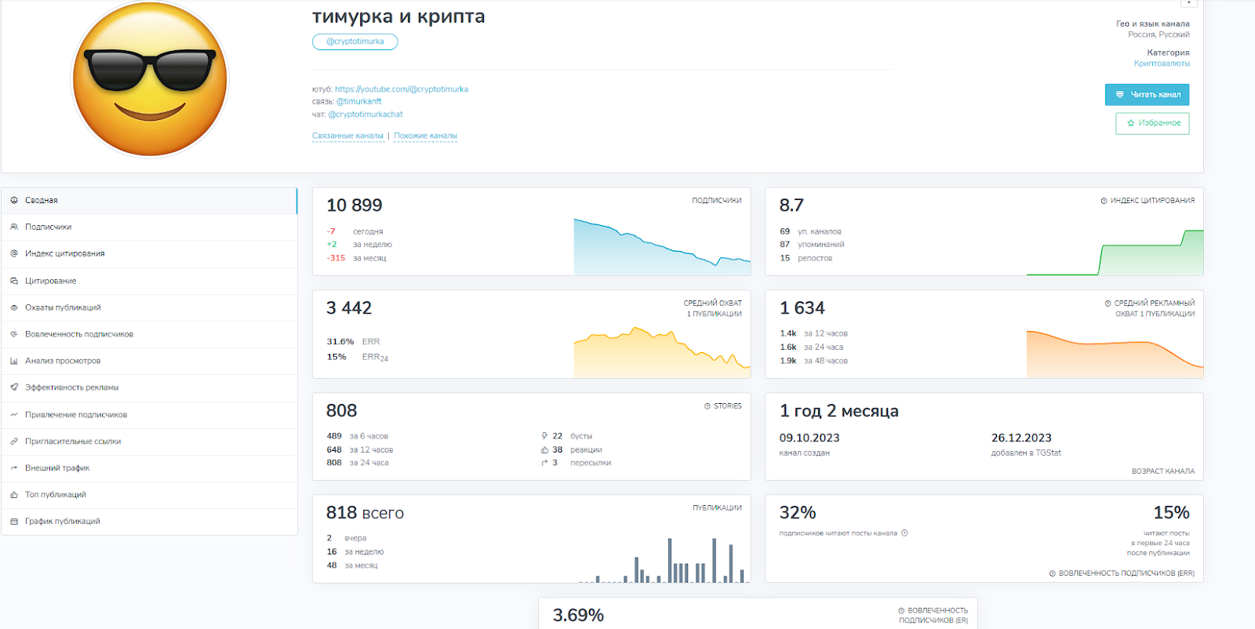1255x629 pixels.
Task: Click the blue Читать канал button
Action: click(x=1147, y=95)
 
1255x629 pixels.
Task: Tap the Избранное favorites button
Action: click(x=1152, y=123)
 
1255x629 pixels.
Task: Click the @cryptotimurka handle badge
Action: click(x=355, y=42)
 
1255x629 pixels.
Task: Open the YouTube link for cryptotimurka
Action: click(x=401, y=89)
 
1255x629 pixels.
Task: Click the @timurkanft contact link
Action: click(x=358, y=102)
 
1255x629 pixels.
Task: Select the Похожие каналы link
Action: click(x=425, y=136)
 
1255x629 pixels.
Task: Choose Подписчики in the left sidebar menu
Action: click(x=48, y=227)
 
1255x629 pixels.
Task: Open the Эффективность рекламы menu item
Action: click(x=71, y=387)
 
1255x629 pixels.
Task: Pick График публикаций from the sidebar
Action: click(x=62, y=522)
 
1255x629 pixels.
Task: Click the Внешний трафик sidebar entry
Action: click(x=57, y=468)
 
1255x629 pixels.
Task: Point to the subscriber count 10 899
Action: click(x=354, y=205)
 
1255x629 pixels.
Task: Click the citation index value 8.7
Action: click(x=791, y=205)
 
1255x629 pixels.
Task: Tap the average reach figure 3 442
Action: click(x=349, y=308)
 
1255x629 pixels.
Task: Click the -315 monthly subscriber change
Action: click(x=336, y=258)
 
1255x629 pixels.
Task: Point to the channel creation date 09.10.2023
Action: click(x=809, y=438)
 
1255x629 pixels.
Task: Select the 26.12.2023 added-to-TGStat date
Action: click(x=1020, y=438)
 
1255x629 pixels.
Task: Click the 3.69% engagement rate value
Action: click(x=578, y=616)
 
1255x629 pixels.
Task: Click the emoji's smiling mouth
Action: click(x=150, y=112)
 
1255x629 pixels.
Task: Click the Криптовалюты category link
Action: click(x=1161, y=64)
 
